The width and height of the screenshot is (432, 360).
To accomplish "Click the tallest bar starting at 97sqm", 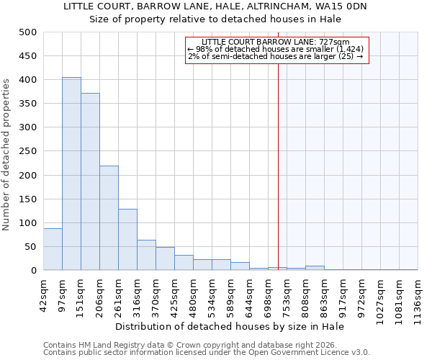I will (x=71, y=174).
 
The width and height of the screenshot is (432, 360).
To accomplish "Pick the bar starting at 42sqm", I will (x=53, y=249).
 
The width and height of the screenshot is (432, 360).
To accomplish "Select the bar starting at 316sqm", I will (x=146, y=255).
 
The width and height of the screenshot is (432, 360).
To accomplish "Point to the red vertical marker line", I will (x=278, y=158).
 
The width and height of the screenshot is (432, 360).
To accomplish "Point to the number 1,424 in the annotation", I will (x=350, y=49).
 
